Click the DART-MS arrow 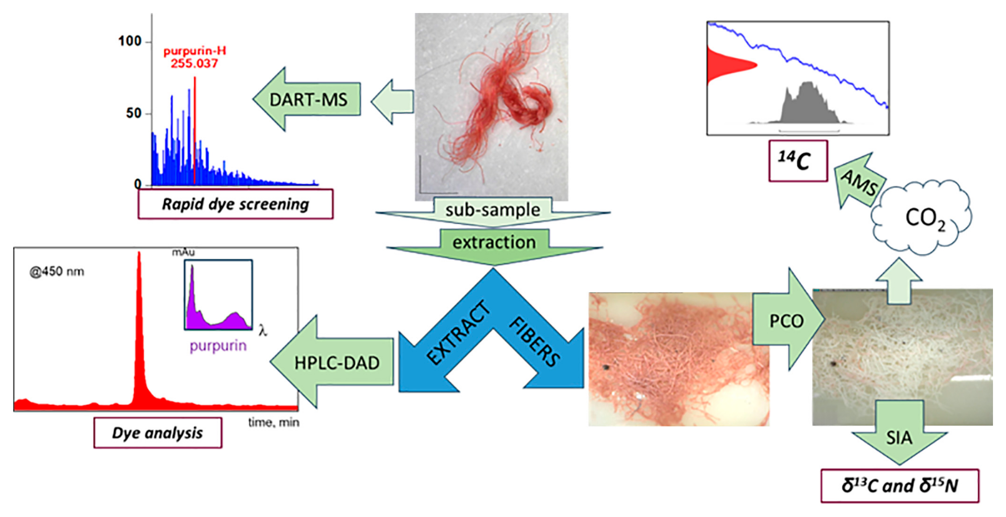[x=308, y=99]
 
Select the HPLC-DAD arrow [x=336, y=363]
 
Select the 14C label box [x=798, y=161]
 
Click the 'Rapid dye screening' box [x=235, y=204]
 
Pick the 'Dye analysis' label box [x=158, y=433]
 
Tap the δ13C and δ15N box [x=899, y=486]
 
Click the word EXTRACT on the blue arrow [x=458, y=333]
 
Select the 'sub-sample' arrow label [x=493, y=210]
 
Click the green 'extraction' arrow [x=494, y=242]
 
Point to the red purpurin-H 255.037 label [x=194, y=57]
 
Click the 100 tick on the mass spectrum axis [x=130, y=41]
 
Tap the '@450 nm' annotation [x=57, y=271]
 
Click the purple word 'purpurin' [x=218, y=346]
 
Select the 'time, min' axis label [x=273, y=422]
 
